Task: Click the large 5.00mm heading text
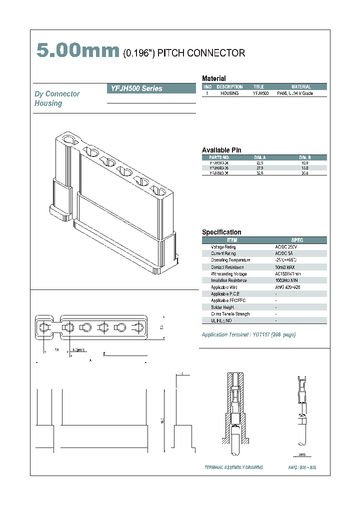tap(77, 51)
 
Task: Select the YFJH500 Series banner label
tap(134, 88)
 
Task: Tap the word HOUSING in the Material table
tap(229, 93)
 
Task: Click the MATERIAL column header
tap(301, 86)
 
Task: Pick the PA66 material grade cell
tap(295, 93)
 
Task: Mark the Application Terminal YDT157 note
tap(248, 334)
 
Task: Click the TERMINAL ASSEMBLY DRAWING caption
tap(233, 467)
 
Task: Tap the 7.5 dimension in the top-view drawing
tap(57, 349)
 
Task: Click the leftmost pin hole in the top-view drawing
tap(44, 327)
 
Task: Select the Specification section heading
tap(221, 232)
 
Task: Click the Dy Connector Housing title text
tap(56, 98)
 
